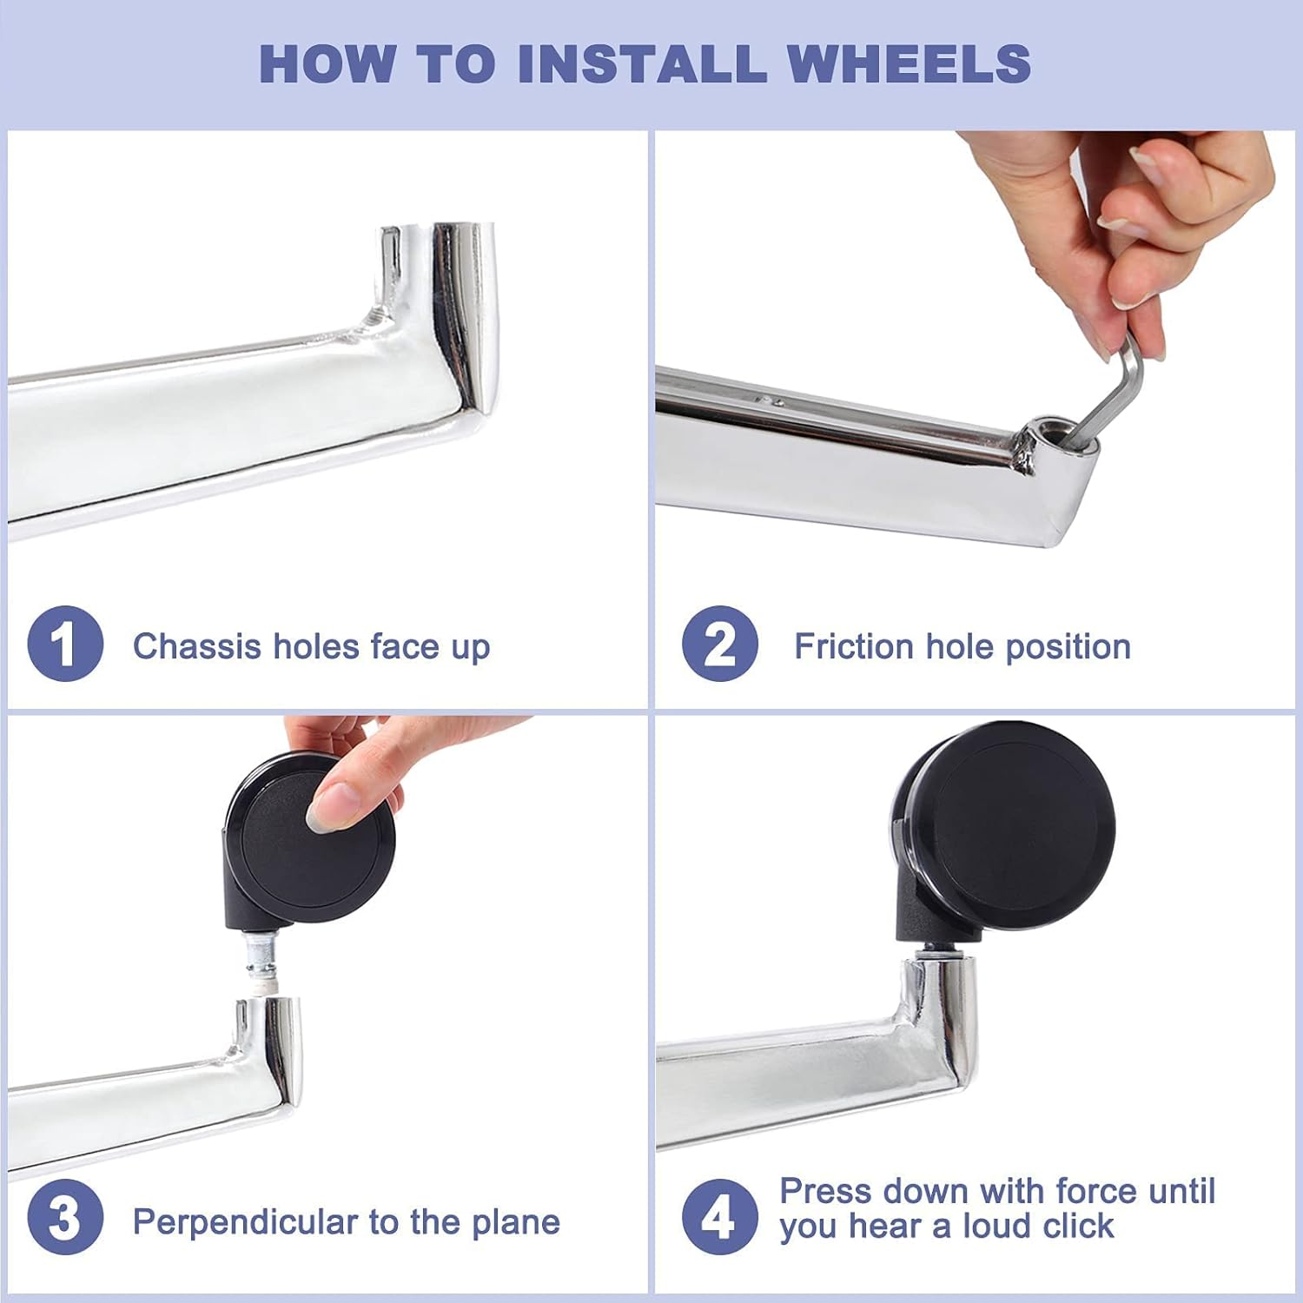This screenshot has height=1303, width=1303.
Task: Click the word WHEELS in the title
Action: click(909, 63)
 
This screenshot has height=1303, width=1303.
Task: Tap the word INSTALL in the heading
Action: click(642, 63)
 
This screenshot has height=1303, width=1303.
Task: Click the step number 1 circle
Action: click(65, 644)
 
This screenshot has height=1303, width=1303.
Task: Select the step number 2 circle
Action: click(719, 644)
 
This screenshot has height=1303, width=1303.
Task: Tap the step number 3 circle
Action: click(65, 1217)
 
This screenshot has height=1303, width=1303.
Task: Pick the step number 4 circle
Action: click(719, 1217)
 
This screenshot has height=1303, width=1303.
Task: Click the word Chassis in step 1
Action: click(197, 646)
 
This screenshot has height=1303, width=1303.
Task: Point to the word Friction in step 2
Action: click(853, 646)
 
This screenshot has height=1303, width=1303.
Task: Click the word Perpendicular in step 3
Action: click(246, 1222)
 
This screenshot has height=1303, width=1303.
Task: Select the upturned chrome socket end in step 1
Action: click(439, 313)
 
